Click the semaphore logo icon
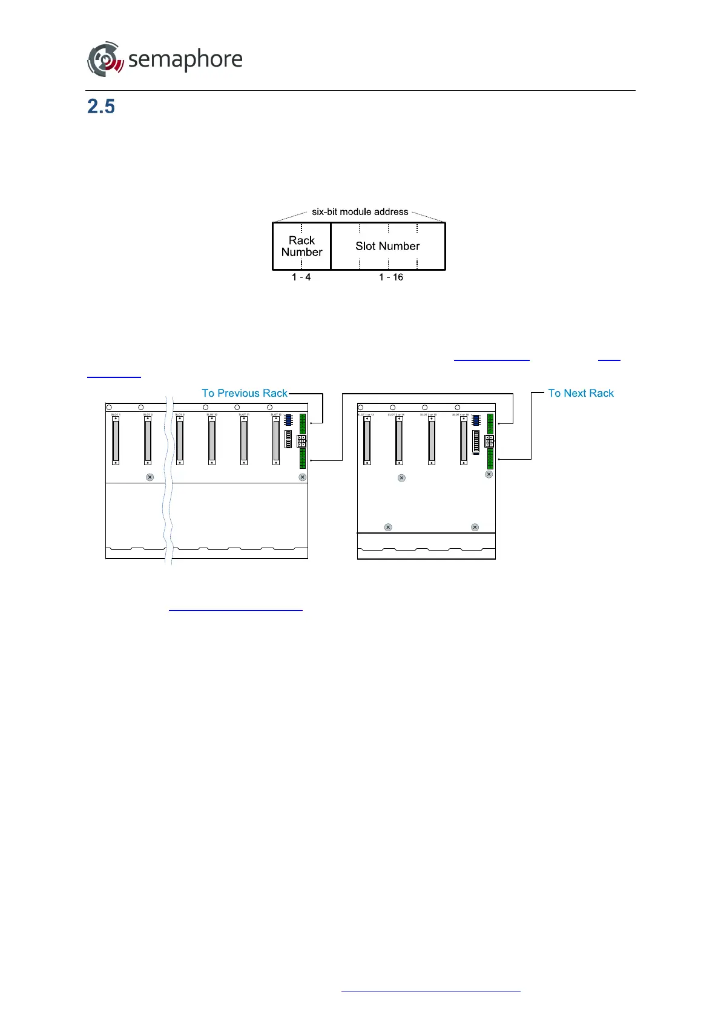[105, 59]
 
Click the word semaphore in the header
[185, 59]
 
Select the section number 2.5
[101, 107]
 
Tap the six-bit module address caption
[360, 212]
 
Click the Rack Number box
[301, 246]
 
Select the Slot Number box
[387, 246]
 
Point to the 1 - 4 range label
[301, 277]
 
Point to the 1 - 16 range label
[390, 277]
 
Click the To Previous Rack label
[245, 393]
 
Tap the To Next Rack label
[581, 393]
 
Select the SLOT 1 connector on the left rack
[116, 441]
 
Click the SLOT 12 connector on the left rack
[276, 441]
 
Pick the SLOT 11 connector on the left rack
[244, 441]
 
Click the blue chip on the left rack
[288, 419]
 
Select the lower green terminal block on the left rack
[303, 459]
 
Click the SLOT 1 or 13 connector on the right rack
[367, 441]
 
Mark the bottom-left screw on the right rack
[388, 528]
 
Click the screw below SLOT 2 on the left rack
[150, 477]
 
